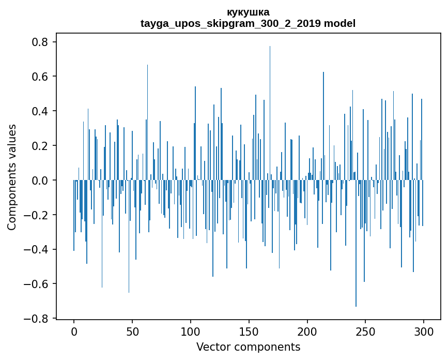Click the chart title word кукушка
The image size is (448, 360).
[x=248, y=12]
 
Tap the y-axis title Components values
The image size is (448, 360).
[x=12, y=177]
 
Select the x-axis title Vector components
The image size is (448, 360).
[x=248, y=347]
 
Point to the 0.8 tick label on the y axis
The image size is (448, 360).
[x=41, y=42]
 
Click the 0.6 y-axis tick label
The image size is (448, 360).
[x=41, y=77]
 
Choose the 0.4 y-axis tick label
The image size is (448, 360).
[x=41, y=111]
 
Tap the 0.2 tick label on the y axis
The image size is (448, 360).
[x=41, y=146]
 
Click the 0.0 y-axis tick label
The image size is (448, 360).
[x=41, y=181]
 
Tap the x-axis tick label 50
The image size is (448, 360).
[x=132, y=331]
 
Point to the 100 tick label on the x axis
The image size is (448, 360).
[x=191, y=331]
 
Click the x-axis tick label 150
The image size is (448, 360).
[x=249, y=331]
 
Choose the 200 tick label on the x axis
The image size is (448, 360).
[x=307, y=331]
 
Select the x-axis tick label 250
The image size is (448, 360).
[x=366, y=331]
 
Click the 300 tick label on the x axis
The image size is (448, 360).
[x=424, y=331]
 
